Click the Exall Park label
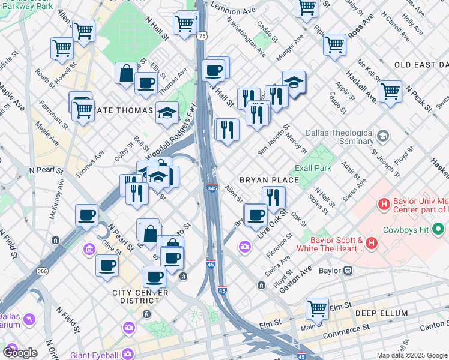point(312,168)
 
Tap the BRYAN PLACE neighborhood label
point(269,179)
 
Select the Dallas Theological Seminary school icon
point(381,136)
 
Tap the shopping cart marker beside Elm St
point(317,308)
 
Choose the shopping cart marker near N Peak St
point(390,91)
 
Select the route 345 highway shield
point(212,188)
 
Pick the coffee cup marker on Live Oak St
point(256,214)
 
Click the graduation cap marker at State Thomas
point(167,112)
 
